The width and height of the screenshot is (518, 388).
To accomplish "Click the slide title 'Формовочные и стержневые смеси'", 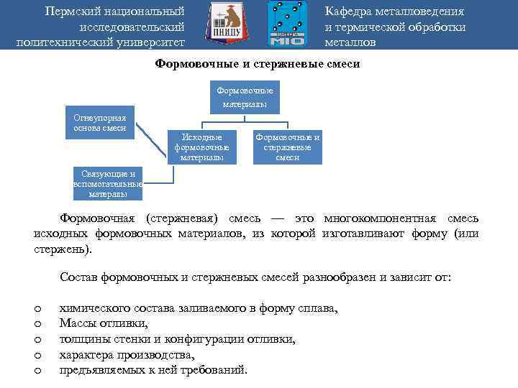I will click(x=258, y=64).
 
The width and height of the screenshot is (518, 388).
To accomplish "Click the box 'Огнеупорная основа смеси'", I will click(x=99, y=123).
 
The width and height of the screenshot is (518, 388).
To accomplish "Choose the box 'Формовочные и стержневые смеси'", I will click(x=287, y=147).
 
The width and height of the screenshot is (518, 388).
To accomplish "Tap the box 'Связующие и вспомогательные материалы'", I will click(x=108, y=184).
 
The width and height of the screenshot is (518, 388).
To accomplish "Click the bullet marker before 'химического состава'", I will click(x=37, y=308).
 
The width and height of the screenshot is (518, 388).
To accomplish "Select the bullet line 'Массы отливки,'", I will click(x=104, y=323).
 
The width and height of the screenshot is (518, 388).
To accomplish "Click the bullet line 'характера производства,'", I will click(x=127, y=355).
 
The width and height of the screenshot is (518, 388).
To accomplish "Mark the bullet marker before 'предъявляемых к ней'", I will click(x=37, y=370).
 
